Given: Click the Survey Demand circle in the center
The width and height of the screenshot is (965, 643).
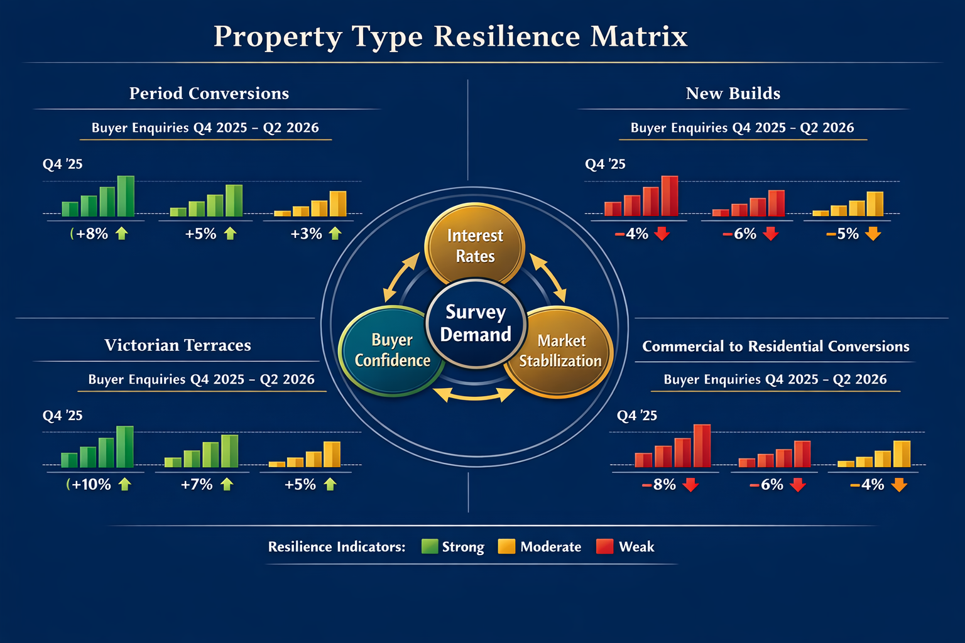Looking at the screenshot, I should click(476, 323).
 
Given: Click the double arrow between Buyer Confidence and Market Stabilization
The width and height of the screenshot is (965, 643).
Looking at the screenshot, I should click(474, 394).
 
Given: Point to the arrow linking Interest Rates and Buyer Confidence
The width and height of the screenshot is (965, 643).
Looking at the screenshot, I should click(401, 278).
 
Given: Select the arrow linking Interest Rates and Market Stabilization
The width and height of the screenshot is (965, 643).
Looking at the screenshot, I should click(548, 278).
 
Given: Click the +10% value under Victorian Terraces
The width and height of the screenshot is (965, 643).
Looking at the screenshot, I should click(91, 485).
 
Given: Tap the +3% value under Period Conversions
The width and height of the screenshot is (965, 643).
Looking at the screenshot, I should click(306, 234).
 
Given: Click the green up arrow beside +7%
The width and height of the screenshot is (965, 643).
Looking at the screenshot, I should click(227, 484).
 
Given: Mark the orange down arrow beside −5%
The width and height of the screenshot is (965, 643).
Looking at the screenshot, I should click(873, 234).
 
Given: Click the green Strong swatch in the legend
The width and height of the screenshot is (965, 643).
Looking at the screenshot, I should click(430, 546).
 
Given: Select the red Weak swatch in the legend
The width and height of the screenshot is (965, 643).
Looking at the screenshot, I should click(604, 546).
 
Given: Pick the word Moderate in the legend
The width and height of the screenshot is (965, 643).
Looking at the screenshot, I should click(550, 547).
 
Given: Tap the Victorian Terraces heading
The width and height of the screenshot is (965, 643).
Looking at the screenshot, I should click(178, 345).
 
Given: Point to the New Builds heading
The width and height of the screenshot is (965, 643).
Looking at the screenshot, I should click(733, 94).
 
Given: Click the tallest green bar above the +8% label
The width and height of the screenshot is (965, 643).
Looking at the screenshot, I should click(126, 196).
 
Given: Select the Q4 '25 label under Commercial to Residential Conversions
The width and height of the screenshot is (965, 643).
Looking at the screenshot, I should click(637, 416).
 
